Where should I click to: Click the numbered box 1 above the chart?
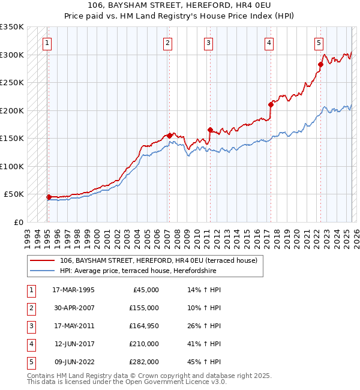pos(47,43)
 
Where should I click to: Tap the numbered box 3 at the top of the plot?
pos(208,43)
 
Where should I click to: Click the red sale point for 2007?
pos(170,136)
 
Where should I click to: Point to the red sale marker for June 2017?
pos(271,104)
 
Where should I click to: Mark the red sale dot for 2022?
pos(321,64)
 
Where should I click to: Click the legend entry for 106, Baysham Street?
pos(158,260)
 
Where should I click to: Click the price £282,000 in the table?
pos(144,362)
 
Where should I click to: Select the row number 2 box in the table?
pos(30,308)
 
